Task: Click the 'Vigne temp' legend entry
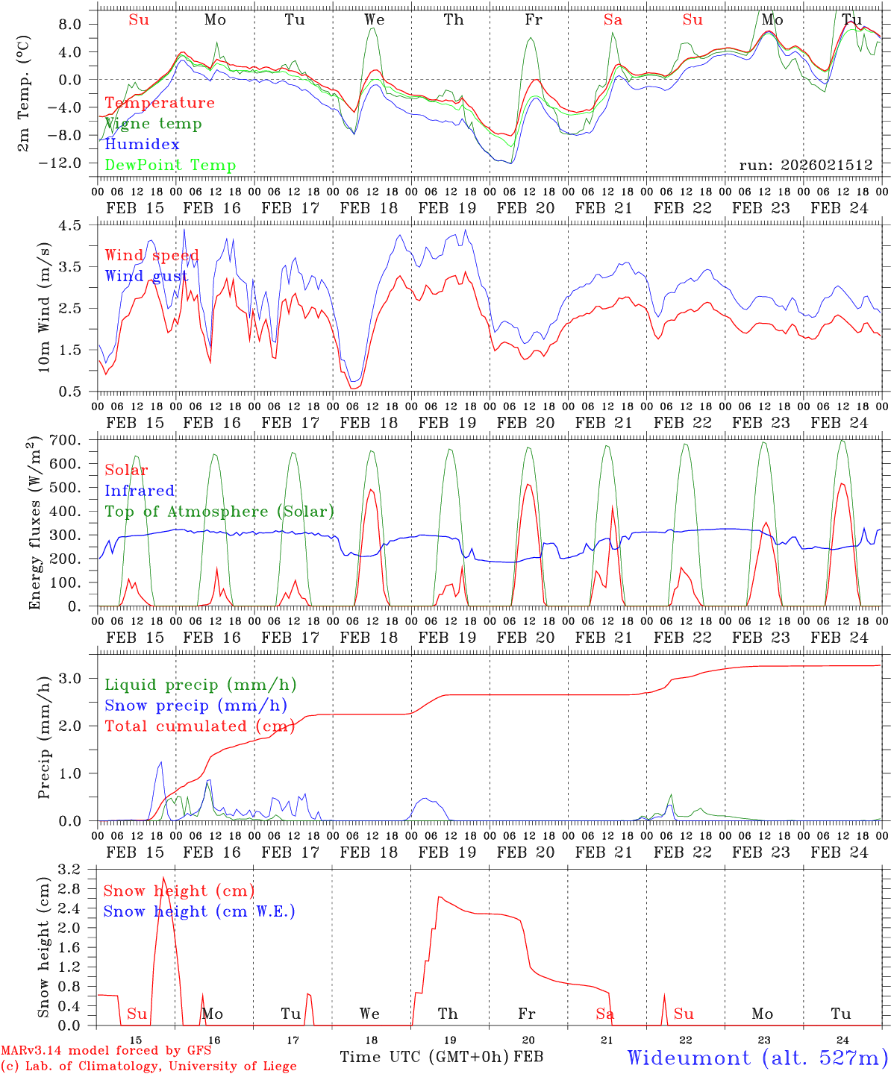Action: coord(153,124)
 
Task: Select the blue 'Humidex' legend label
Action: coord(142,145)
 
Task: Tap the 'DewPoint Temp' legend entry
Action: coord(170,166)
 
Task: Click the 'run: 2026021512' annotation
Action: coord(805,166)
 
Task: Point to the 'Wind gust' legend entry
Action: coord(146,277)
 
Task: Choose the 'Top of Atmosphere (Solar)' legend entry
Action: coord(219,512)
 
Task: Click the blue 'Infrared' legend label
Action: coord(140,491)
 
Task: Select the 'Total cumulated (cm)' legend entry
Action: coord(199,726)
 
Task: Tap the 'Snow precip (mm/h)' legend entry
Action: coord(196,706)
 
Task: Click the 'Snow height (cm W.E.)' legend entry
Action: coord(199,911)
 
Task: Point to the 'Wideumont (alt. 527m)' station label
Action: coord(757,1058)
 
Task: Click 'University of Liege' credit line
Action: coord(148,1067)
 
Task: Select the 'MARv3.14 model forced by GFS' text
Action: coord(106,1051)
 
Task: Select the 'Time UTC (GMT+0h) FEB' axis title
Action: coord(441,1057)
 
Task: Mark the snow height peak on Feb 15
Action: coord(163,878)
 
